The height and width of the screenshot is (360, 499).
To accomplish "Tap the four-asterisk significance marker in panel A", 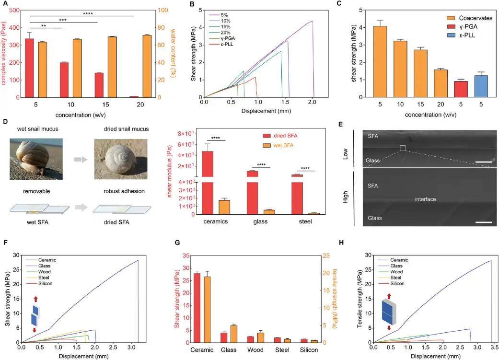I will pos(87,13).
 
